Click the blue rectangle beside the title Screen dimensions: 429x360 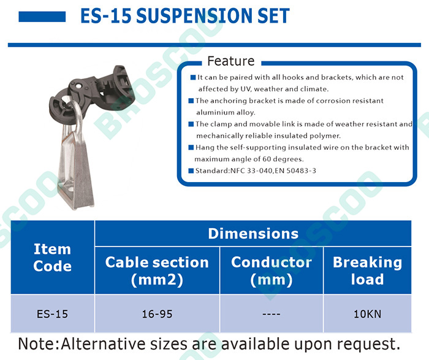click(x=42, y=17)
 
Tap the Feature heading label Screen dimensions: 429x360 click(x=231, y=61)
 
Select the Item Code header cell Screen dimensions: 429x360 click(x=53, y=258)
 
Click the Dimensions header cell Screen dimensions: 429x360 click(x=253, y=234)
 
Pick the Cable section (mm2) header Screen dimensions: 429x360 click(x=157, y=270)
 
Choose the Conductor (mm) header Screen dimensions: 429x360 click(x=271, y=270)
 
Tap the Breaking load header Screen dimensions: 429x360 click(x=368, y=270)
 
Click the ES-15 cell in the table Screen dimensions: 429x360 click(x=52, y=314)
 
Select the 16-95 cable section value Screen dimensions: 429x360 click(x=157, y=314)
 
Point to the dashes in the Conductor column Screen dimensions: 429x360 click(x=271, y=314)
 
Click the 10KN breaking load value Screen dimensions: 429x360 click(x=368, y=314)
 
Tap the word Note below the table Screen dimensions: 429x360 click(x=36, y=343)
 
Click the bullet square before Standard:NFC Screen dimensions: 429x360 click(x=191, y=171)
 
